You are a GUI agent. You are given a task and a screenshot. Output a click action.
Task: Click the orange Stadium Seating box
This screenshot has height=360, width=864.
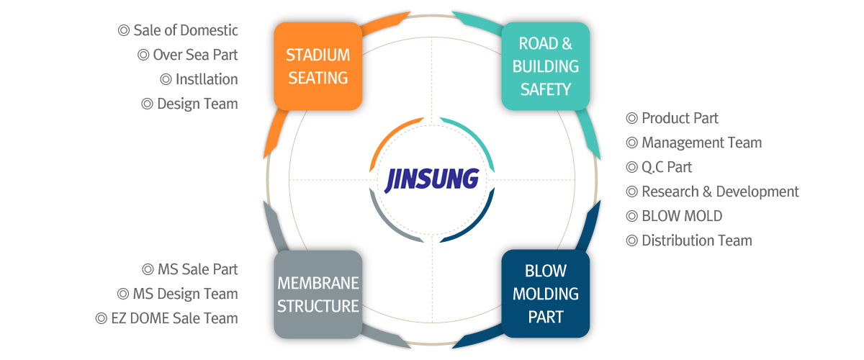coord(318,66)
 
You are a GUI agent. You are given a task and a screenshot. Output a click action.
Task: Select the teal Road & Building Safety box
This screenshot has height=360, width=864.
coord(545,66)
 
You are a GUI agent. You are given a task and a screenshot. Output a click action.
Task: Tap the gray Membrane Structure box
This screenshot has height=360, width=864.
coord(318,294)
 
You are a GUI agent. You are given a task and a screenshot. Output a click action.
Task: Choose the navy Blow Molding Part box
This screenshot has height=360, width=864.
coord(545,294)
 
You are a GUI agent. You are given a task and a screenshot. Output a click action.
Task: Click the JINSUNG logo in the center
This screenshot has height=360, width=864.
coord(432,179)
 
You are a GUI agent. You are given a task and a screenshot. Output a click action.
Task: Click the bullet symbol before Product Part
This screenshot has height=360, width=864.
coord(632,118)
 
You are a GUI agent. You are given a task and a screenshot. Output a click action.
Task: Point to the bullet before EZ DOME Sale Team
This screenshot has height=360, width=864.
coord(102,318)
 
